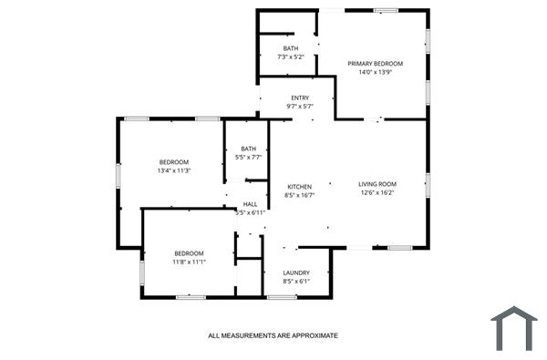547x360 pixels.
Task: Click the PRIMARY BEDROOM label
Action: [375, 64]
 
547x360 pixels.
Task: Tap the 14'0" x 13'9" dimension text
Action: [375, 73]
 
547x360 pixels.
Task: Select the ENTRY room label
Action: [300, 98]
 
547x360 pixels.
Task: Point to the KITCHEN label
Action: [300, 186]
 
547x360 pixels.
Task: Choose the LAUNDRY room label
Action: [296, 273]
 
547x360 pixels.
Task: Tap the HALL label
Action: [250, 204]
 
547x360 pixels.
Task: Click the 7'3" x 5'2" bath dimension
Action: [291, 57]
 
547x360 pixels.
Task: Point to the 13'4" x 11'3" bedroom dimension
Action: [173, 170]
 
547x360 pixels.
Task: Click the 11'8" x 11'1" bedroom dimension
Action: [190, 262]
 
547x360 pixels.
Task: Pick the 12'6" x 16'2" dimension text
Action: [377, 193]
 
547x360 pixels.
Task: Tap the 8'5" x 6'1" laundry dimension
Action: [296, 282]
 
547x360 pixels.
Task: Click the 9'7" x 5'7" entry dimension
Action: [300, 108]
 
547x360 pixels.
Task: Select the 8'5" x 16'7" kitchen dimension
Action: [300, 195]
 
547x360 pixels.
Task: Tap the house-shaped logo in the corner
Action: [514, 329]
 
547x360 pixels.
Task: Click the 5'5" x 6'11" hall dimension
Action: [250, 213]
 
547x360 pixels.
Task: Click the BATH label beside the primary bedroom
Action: [291, 48]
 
